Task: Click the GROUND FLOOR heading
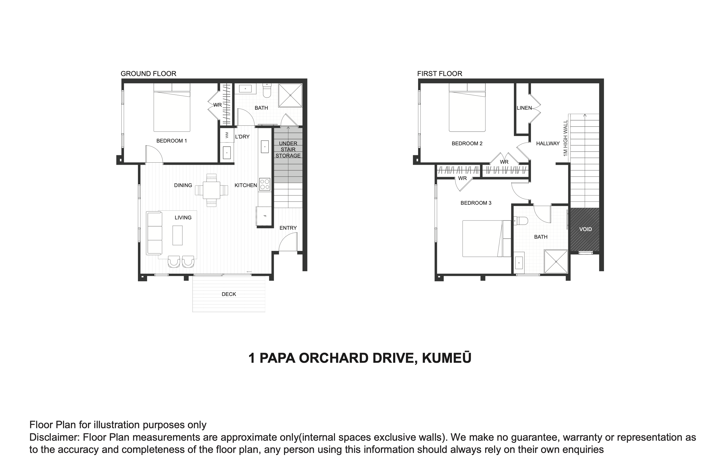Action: (148, 74)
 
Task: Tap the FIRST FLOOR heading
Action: (439, 74)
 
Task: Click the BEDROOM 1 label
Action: (172, 141)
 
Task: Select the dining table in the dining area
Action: (211, 190)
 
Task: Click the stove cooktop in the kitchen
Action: (265, 184)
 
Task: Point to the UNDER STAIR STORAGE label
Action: (288, 149)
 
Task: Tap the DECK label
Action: (229, 294)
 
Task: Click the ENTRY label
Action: (288, 228)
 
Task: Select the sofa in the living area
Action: (154, 233)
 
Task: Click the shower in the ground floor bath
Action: (290, 95)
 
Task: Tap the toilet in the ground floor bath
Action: (267, 90)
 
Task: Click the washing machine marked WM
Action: (227, 135)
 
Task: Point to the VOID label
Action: (585, 229)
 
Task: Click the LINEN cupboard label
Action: (524, 108)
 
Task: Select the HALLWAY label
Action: (548, 143)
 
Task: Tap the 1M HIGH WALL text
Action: (565, 138)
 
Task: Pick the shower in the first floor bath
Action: (556, 261)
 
